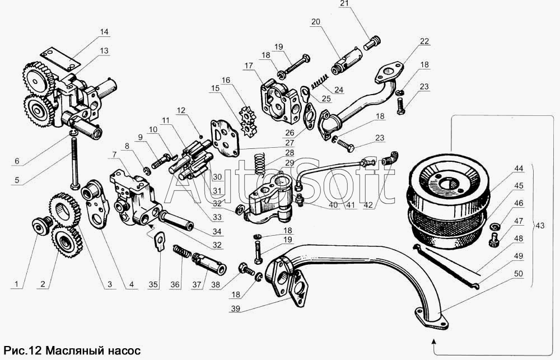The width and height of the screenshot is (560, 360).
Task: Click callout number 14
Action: [x=104, y=32]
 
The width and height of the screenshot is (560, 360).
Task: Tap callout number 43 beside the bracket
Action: [x=540, y=226]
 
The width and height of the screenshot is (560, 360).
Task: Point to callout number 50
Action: [x=518, y=274]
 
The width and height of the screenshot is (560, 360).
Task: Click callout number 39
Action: [x=235, y=309]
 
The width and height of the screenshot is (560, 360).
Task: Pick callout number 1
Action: [x=16, y=284]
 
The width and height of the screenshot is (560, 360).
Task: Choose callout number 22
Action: [x=424, y=41]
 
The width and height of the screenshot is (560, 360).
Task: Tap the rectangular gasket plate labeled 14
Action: [x=58, y=59]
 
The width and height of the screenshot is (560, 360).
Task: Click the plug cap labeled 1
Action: [x=39, y=226]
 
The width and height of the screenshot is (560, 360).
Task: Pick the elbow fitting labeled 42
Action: [x=390, y=158]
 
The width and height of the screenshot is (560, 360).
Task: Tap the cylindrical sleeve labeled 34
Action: [x=177, y=221]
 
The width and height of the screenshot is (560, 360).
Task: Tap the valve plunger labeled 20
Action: [x=347, y=60]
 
